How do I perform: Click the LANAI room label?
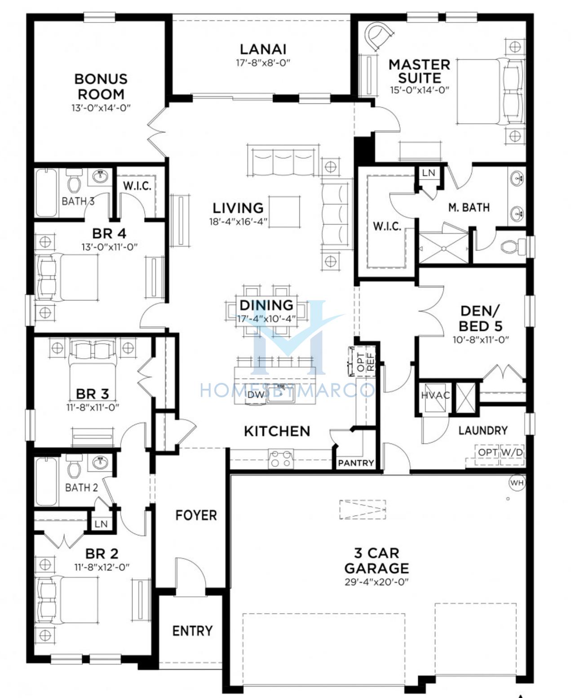point(263,49)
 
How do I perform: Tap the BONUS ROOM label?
point(101,87)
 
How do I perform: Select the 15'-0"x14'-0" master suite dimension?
point(420,90)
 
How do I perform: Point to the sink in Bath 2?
point(100,462)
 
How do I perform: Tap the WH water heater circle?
point(517,483)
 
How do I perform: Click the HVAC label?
point(435,396)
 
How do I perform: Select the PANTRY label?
point(356,463)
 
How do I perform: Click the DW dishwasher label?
point(256,395)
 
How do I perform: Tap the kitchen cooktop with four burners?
point(281,458)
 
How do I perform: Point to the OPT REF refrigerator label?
point(366,362)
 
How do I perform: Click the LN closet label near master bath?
point(429,173)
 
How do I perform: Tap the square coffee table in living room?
point(284,212)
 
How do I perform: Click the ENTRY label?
point(192,631)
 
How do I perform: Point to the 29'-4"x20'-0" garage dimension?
point(376,582)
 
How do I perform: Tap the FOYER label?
point(196,515)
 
